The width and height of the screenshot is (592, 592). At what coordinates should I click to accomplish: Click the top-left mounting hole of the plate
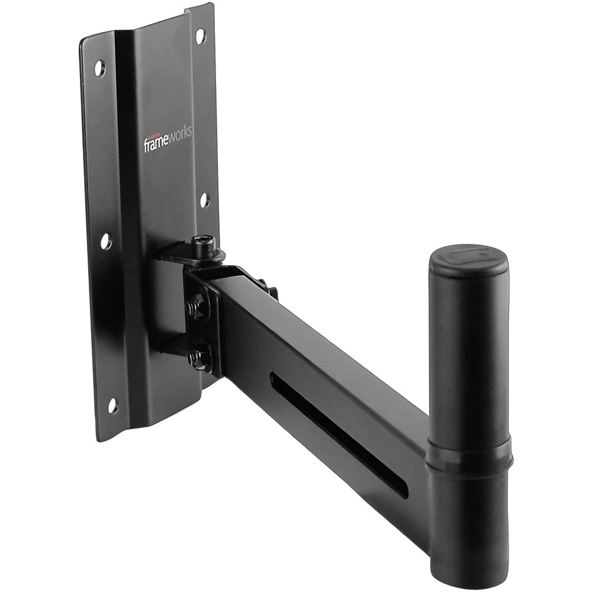[99, 68]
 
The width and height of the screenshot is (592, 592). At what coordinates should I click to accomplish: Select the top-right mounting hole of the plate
[200, 36]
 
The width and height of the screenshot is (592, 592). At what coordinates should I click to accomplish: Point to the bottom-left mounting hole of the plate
[112, 405]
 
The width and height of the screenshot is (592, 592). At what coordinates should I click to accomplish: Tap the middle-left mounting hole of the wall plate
[106, 241]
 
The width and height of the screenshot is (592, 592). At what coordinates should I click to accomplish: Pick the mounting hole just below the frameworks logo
[204, 200]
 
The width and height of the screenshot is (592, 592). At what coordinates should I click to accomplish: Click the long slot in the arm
[337, 432]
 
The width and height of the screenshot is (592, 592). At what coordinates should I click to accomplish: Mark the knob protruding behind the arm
[272, 291]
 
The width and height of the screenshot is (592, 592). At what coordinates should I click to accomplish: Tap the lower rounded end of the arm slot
[403, 491]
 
